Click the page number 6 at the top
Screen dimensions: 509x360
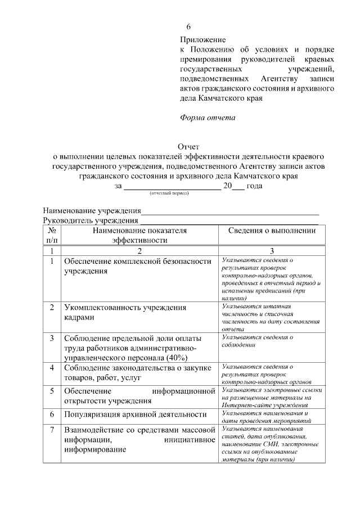[189, 26]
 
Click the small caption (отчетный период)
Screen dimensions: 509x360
[169, 192]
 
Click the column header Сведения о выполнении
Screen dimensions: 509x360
[271, 231]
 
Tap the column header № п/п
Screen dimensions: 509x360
[52, 235]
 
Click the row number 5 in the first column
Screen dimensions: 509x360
[52, 390]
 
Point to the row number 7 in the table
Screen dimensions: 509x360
[52, 430]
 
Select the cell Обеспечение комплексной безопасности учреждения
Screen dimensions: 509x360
[138, 265]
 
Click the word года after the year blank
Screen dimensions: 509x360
[255, 185]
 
